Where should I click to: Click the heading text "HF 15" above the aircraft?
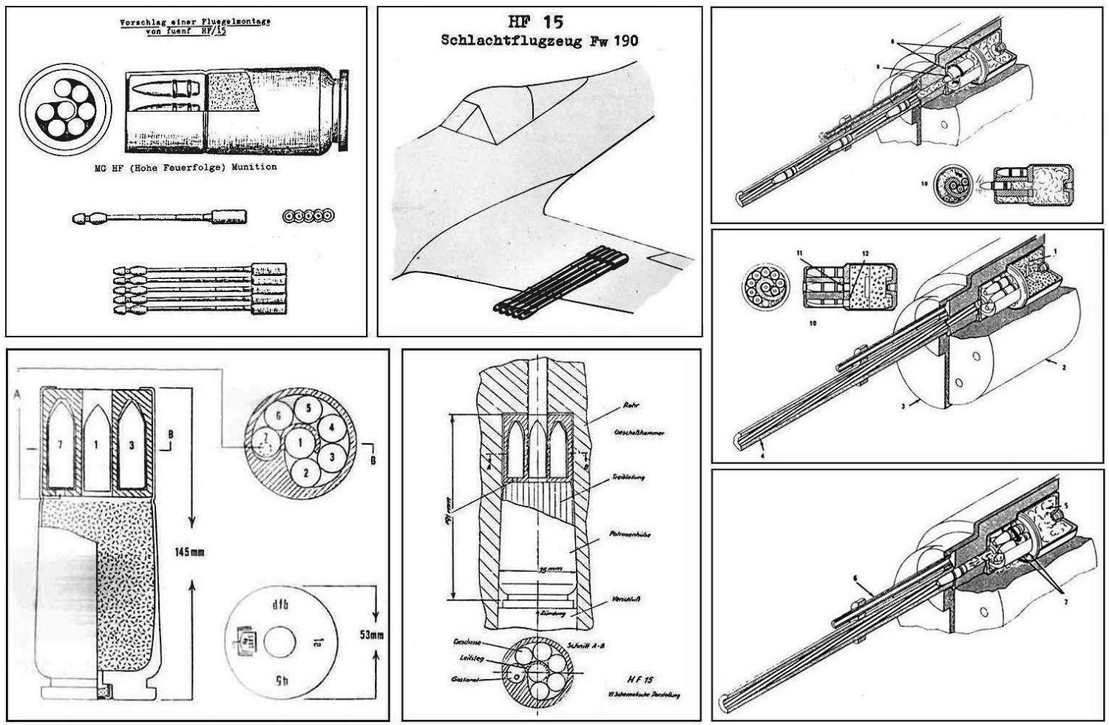(x=539, y=22)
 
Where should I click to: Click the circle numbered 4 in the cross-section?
(x=332, y=428)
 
